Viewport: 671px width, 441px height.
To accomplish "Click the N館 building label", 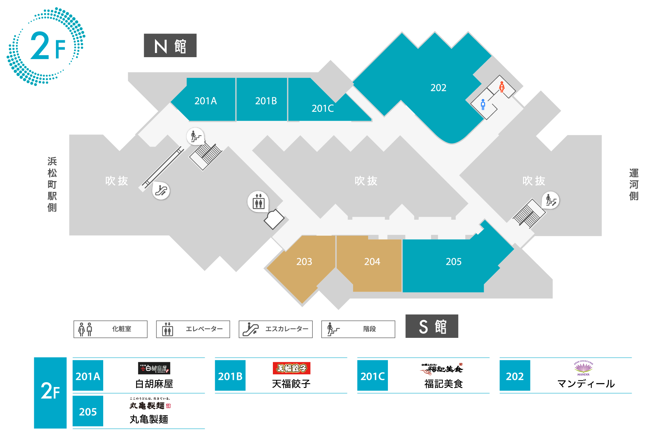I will pos(170,46).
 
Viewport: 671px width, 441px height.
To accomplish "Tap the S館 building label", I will pos(432,326).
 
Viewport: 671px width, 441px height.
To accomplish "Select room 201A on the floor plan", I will pos(205,101).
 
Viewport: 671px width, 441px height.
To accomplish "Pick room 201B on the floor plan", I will pos(266,101).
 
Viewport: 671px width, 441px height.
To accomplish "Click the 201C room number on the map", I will pos(322,109).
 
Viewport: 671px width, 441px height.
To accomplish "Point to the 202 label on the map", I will pos(438,88).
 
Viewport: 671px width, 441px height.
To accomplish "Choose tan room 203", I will pos(304,262).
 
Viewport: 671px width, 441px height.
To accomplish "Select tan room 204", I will pos(372,262).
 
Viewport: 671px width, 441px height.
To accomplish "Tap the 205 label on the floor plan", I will pos(453,262).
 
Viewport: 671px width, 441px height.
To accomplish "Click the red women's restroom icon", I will pos(502,87).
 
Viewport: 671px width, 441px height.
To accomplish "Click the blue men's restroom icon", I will pos(483,104).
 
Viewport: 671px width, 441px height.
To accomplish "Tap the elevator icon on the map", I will pos(258,202).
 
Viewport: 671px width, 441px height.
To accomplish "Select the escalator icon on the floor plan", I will pos(161,191).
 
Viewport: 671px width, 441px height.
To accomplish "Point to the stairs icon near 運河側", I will pos(551,201).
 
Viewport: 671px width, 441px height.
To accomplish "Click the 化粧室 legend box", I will pos(110,329).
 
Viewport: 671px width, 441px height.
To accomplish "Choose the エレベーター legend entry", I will pos(193,329).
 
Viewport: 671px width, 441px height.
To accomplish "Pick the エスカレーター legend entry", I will pos(275,329).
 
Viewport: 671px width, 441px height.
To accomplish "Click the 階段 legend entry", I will pos(358,329).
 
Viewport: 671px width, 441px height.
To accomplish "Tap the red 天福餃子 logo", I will pos(291,368).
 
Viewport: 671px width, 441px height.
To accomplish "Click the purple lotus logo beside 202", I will pos(583,368).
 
